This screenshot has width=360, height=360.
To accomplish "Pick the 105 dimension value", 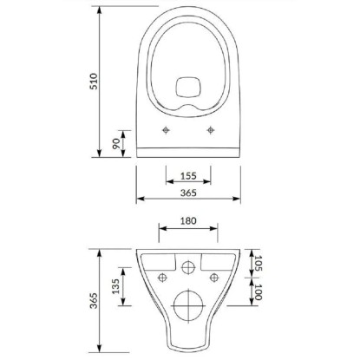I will pyautogui.click(x=258, y=262).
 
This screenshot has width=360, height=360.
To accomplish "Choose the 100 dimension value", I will pyautogui.click(x=258, y=292).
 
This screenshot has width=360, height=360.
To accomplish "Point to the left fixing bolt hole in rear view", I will pyautogui.click(x=161, y=278).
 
